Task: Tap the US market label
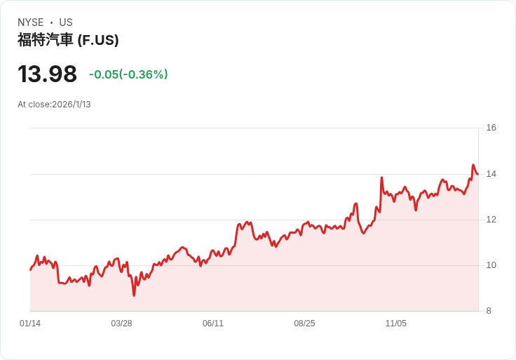click(66, 22)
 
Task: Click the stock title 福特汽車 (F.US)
click(68, 40)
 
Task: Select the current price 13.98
click(47, 74)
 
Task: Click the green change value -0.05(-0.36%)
click(128, 74)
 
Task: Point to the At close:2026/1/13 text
click(54, 105)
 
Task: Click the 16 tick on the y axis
click(491, 128)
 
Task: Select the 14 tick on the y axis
click(491, 173)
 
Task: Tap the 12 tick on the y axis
click(491, 220)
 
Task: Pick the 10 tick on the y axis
click(491, 265)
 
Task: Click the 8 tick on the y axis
click(489, 311)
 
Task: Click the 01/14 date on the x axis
click(30, 324)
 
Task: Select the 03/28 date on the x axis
click(121, 324)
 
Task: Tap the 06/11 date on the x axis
click(213, 324)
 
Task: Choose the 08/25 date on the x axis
click(304, 324)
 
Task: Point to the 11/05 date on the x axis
click(396, 324)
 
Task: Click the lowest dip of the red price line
click(134, 295)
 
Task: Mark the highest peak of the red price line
click(473, 166)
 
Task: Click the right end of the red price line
click(478, 174)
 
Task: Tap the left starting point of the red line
click(30, 269)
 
